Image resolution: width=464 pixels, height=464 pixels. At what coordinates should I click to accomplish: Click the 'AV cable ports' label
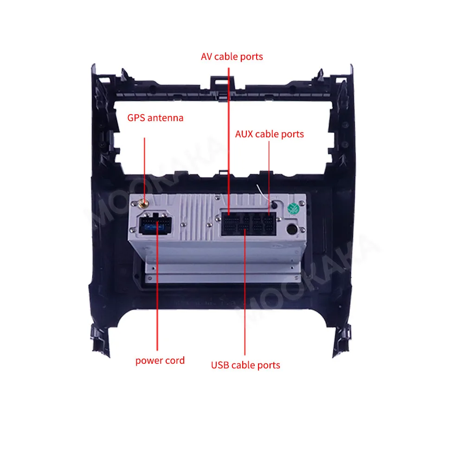pyautogui.click(x=232, y=57)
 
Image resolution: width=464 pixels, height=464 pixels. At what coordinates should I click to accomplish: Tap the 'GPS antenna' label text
pyautogui.click(x=155, y=118)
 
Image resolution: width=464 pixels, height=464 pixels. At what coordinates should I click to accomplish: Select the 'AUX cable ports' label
pyautogui.click(x=269, y=134)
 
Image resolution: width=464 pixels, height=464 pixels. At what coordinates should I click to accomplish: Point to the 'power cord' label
pyautogui.click(x=160, y=361)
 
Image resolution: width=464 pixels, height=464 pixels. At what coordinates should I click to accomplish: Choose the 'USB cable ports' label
pyautogui.click(x=245, y=365)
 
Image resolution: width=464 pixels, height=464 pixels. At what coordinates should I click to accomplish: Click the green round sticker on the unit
pyautogui.click(x=293, y=209)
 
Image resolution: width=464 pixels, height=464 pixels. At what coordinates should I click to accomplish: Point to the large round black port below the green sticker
pyautogui.click(x=293, y=229)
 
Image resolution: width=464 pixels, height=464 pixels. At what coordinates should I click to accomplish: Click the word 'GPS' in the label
pyautogui.click(x=136, y=118)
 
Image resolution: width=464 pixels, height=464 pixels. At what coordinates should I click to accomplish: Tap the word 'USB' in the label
pyautogui.click(x=220, y=365)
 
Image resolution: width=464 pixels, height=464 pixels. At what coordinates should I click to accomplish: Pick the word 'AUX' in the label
pyautogui.click(x=245, y=134)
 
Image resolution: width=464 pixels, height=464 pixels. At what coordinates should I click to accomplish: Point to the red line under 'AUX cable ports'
pyautogui.click(x=269, y=172)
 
